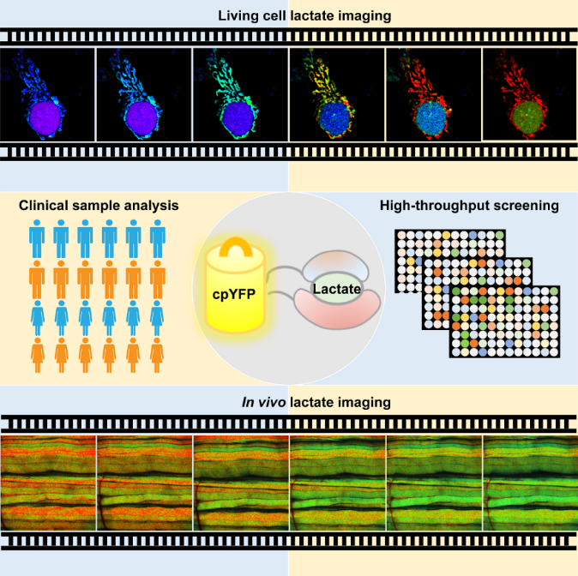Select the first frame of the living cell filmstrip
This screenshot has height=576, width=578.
click(48, 93)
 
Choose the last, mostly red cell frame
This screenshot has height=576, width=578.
click(528, 93)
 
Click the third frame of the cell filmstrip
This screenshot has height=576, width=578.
click(240, 93)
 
